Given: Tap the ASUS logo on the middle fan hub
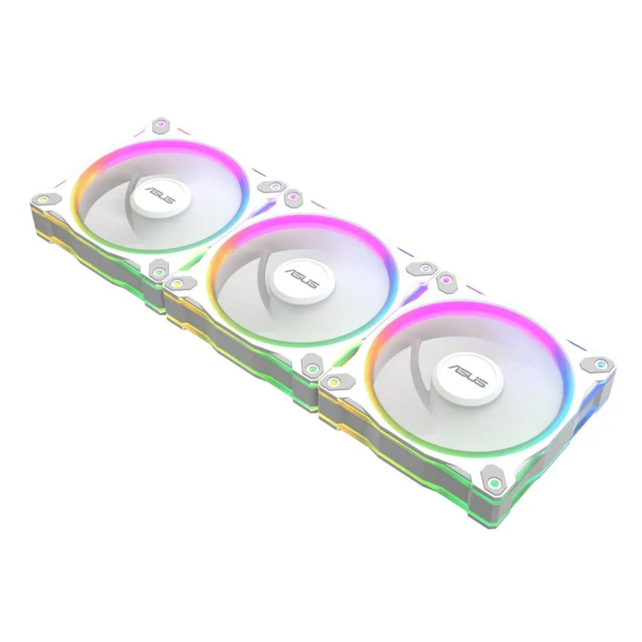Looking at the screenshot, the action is (x=302, y=279).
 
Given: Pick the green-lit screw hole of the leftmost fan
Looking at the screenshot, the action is (x=158, y=270).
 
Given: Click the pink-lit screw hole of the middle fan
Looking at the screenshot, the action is (x=291, y=196).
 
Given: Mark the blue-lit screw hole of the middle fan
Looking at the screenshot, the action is (x=425, y=268).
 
